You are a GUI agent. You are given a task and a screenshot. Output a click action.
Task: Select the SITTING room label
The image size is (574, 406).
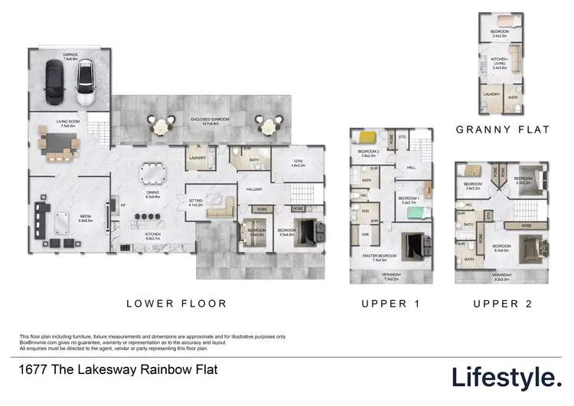coord(197,202)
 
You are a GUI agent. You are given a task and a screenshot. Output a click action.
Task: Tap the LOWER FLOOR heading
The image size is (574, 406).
coord(176,303)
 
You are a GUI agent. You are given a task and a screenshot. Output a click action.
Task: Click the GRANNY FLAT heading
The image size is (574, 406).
coord(503,129)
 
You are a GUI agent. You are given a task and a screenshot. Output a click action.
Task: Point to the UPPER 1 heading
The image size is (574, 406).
coord(391,303)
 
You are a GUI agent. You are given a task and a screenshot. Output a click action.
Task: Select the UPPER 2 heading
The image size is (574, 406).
coord(502,303)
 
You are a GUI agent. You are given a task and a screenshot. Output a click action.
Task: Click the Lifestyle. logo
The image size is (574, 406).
coord(505,376)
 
